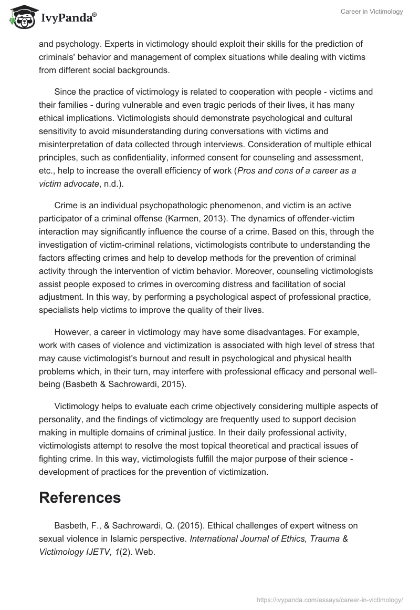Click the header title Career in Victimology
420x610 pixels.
372,12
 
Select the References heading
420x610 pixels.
80,497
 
